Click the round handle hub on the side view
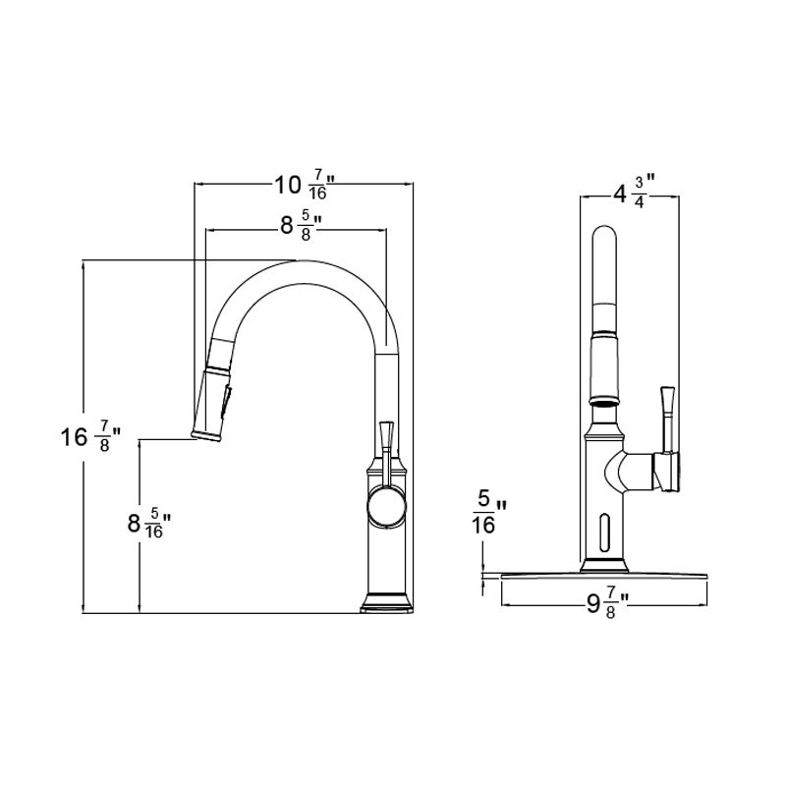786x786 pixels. tap(384, 509)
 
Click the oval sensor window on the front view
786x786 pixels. tap(603, 532)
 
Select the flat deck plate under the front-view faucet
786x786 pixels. tap(603, 574)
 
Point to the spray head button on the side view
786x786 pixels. tap(229, 400)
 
